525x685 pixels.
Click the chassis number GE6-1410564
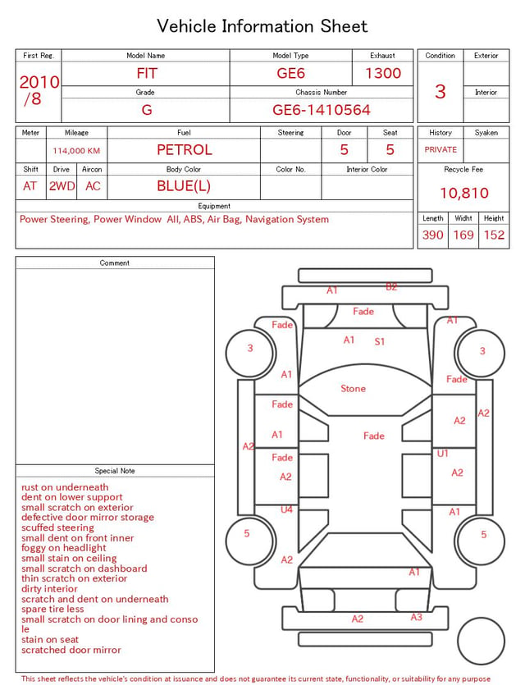(322, 110)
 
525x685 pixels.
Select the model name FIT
(147, 73)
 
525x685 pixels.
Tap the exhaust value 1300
(383, 73)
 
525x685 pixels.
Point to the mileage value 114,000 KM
(76, 151)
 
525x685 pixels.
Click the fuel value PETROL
(185, 150)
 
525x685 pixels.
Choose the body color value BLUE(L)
(184, 186)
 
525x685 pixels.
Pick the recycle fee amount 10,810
(464, 193)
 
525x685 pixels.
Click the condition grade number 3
(441, 91)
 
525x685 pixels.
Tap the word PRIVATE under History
(441, 149)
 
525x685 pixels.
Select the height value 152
(494, 235)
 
